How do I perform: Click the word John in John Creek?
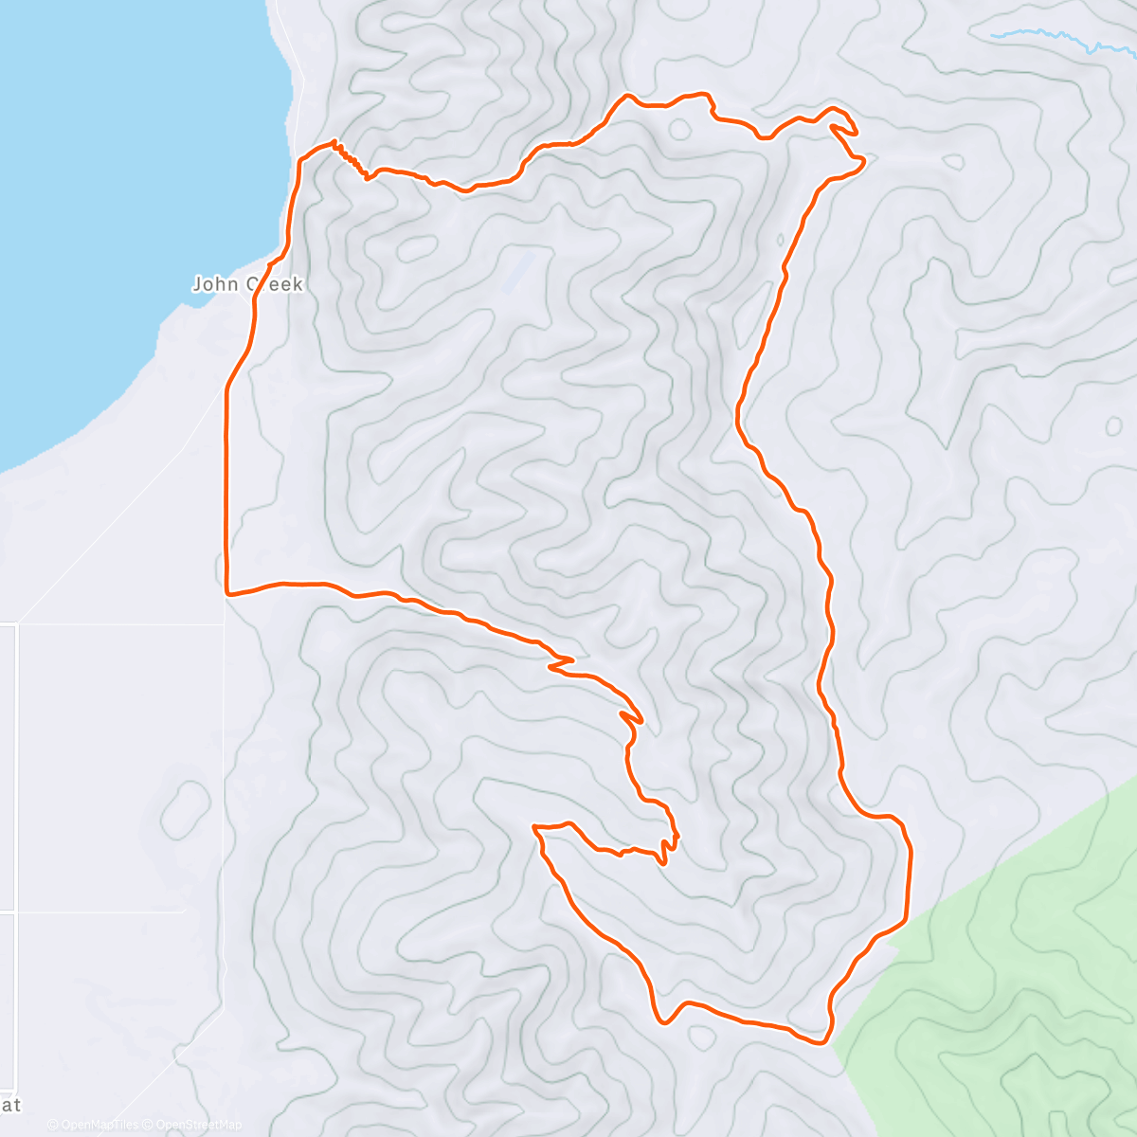[x=216, y=284]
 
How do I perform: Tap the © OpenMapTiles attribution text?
[x=93, y=1125]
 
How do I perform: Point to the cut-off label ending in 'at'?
[x=10, y=1105]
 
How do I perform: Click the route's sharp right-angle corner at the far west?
[x=227, y=593]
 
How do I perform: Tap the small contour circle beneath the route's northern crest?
[x=679, y=129]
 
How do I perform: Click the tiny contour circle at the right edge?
[x=1114, y=425]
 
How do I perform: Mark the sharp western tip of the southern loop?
[x=535, y=828]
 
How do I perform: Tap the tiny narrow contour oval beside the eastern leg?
[x=780, y=244]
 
